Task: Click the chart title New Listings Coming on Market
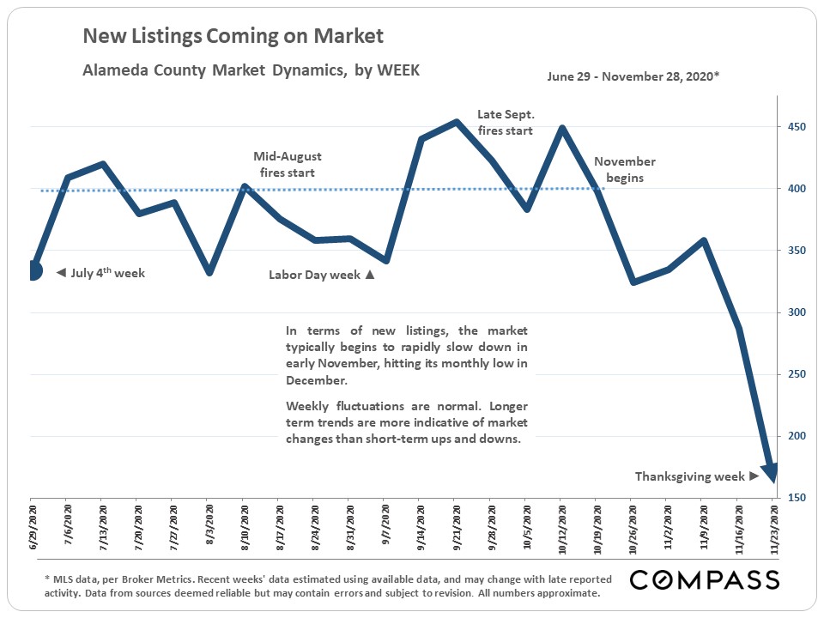click(x=233, y=36)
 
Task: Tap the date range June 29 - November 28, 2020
click(x=633, y=76)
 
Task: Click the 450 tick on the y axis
click(x=797, y=127)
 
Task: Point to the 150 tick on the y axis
click(x=797, y=498)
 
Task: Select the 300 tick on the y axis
click(x=797, y=312)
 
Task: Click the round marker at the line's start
click(x=32, y=270)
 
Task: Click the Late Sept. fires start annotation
click(x=506, y=123)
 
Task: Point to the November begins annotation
click(x=624, y=170)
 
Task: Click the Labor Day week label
click(x=322, y=276)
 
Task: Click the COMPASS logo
click(x=704, y=580)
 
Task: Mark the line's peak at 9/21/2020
click(x=456, y=121)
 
